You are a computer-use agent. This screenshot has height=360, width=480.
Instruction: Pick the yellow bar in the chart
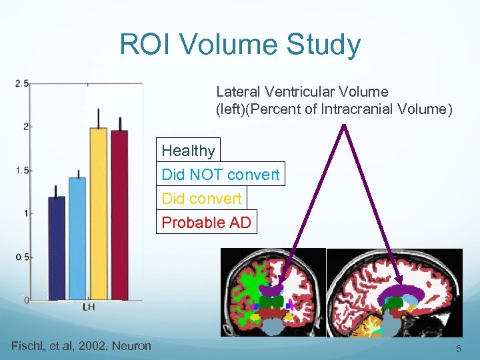pos(98,213)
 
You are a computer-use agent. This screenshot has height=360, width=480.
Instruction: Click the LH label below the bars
pos(87,307)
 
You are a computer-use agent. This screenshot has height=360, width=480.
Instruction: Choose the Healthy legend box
pos(188,151)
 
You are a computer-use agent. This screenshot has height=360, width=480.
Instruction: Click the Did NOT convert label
pos(221,175)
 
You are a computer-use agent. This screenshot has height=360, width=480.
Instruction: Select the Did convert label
pos(201,199)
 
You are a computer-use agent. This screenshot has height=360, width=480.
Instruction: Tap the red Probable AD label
pos(207,223)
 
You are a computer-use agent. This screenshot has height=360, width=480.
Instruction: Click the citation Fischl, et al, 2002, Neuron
pos(81,345)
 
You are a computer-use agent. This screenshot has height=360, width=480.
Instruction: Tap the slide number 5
pos(458,349)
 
